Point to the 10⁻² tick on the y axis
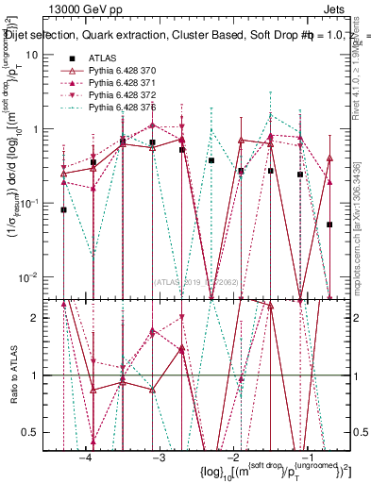pos(42,276)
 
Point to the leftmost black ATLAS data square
pos(63,210)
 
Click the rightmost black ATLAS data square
pos(329,225)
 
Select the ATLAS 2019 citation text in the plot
pos(201,281)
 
